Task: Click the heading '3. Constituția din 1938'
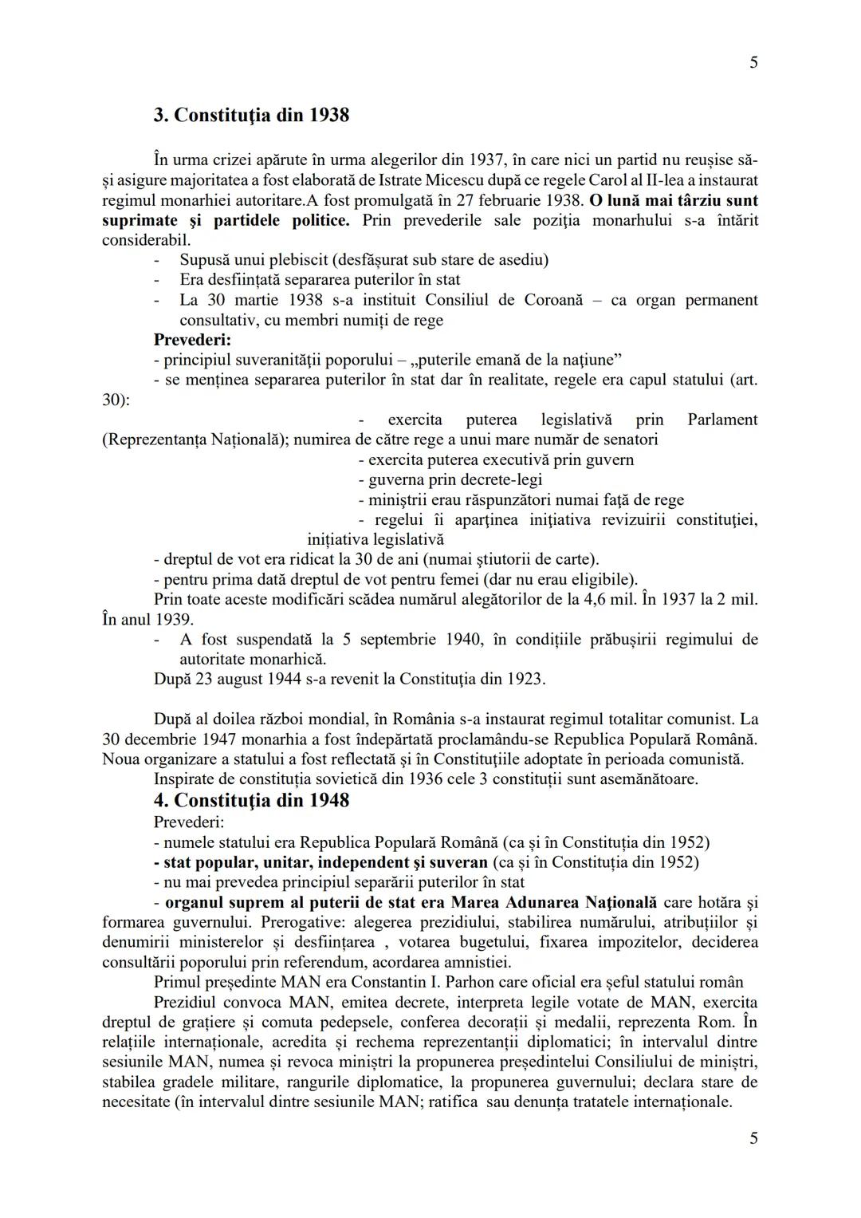point(251,115)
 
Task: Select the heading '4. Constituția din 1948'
point(251,800)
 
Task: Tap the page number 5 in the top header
point(753,63)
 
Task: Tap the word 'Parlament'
point(722,420)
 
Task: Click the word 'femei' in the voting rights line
point(481,579)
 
